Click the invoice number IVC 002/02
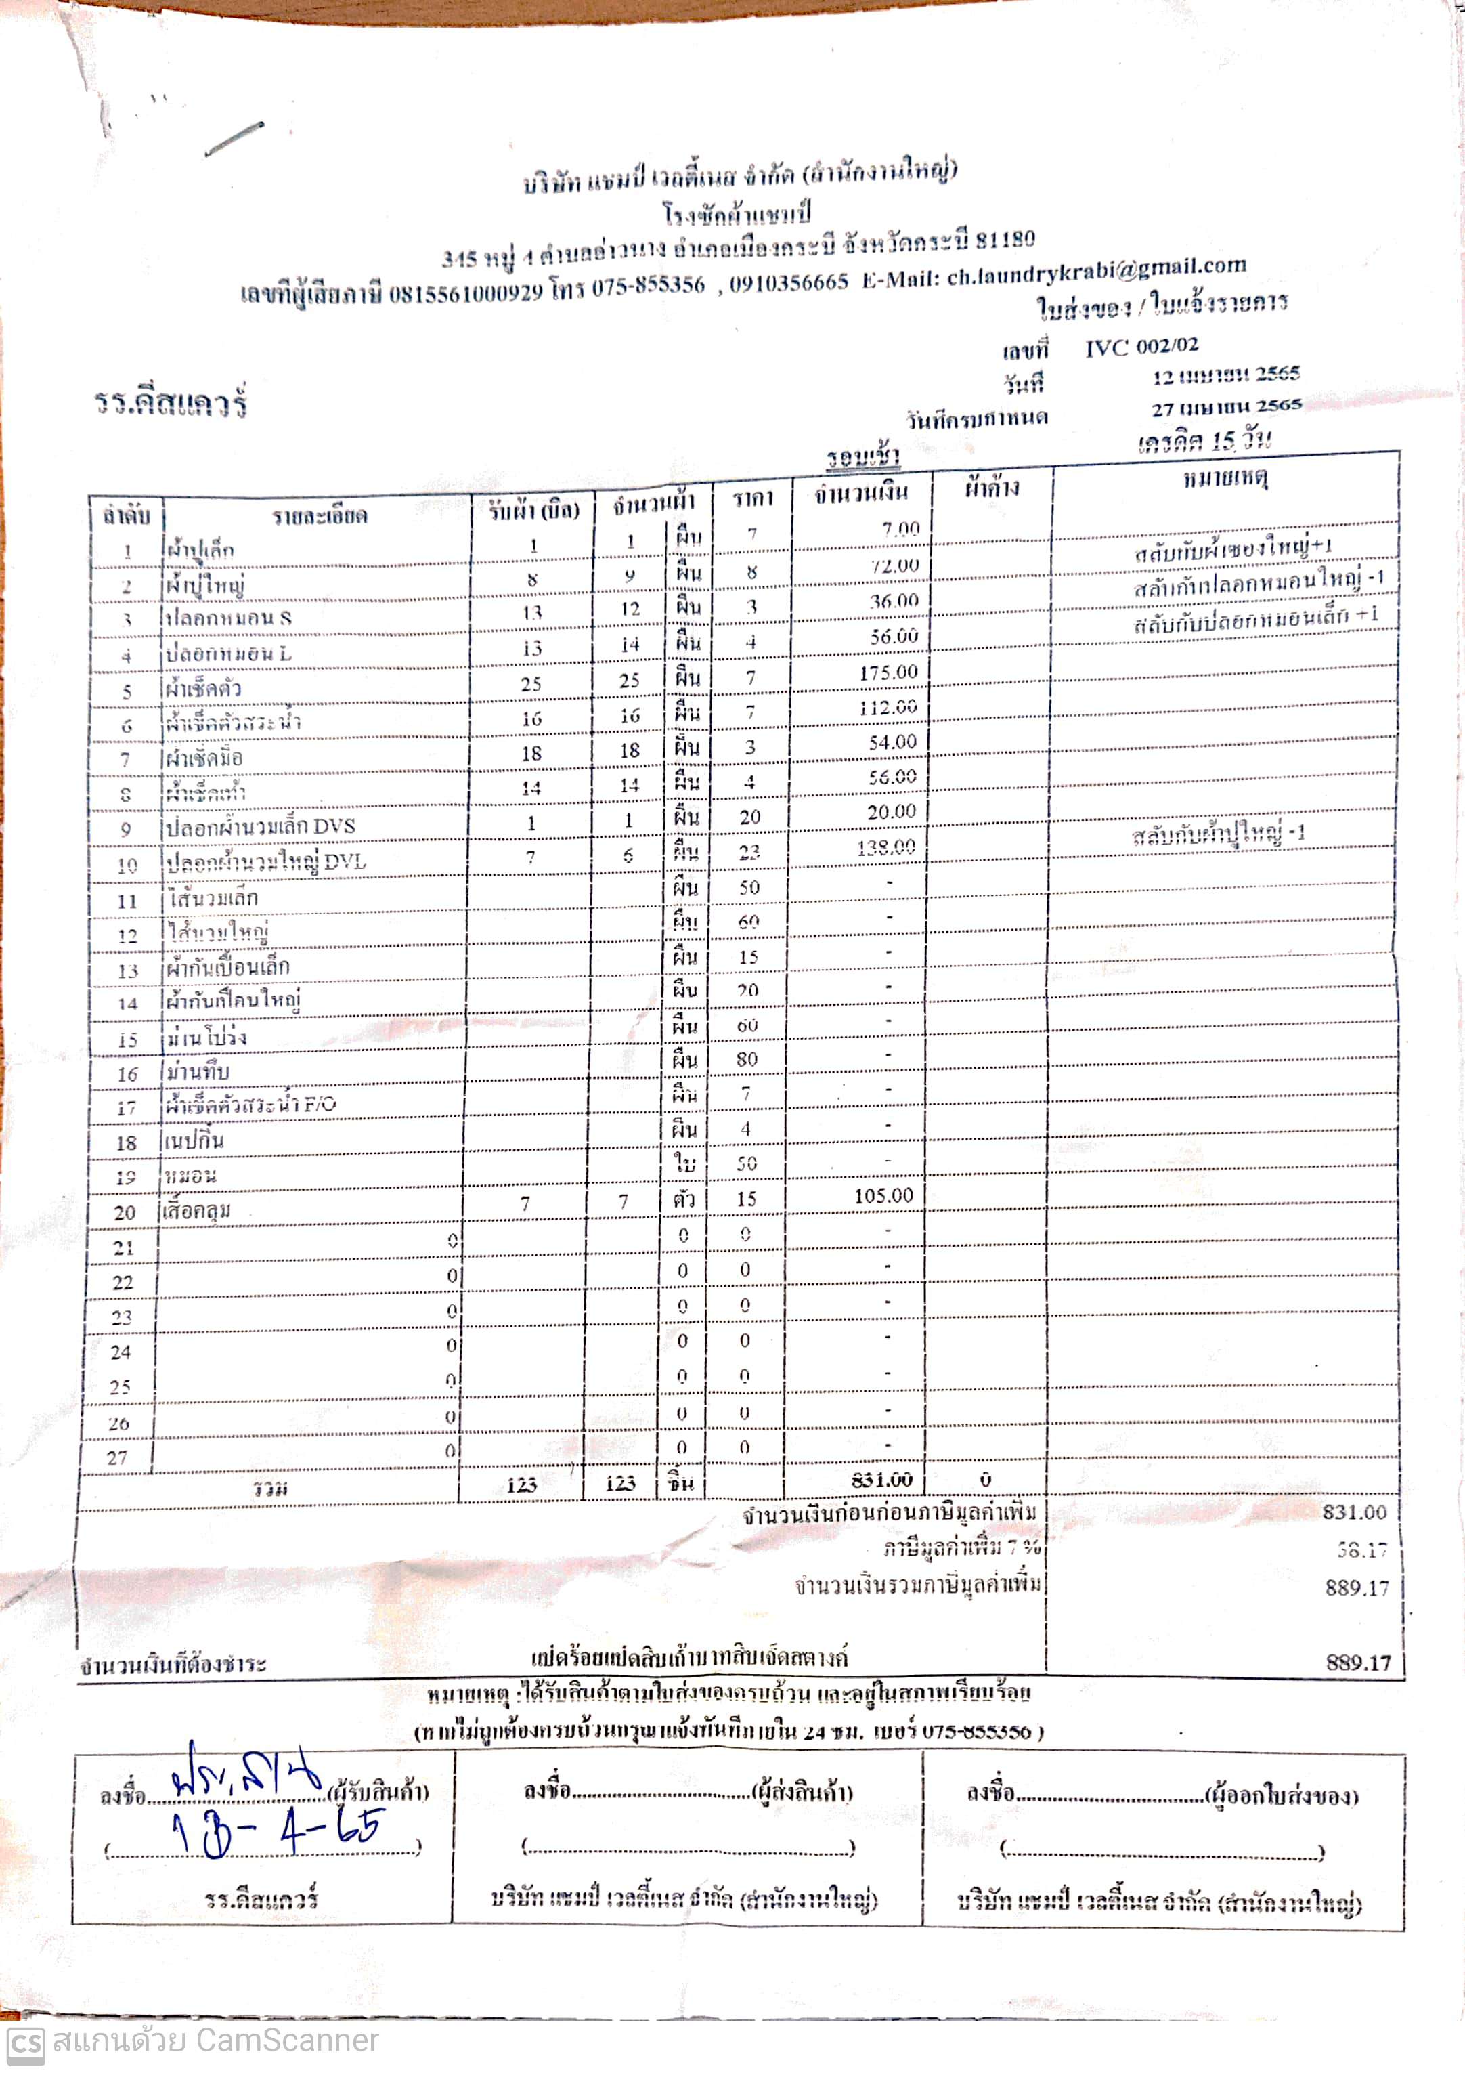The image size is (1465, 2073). pyautogui.click(x=1141, y=347)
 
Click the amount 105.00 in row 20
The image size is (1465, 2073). pyautogui.click(x=883, y=1195)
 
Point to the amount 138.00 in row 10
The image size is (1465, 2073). pyautogui.click(x=885, y=847)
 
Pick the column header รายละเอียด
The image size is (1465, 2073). pyautogui.click(x=319, y=515)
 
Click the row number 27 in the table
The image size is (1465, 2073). pyautogui.click(x=117, y=1457)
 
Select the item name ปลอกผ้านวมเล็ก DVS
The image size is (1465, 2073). pyautogui.click(x=261, y=826)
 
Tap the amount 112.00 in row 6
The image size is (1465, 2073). pyautogui.click(x=888, y=707)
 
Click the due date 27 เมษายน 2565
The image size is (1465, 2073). pyautogui.click(x=1225, y=406)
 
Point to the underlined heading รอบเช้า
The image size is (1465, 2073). pyautogui.click(x=863, y=457)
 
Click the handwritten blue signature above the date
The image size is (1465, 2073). pyautogui.click(x=246, y=1781)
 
